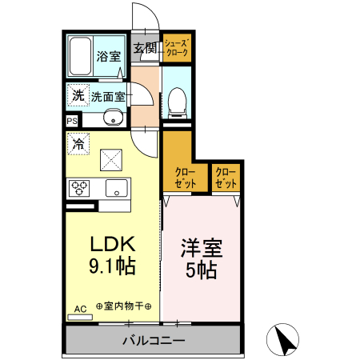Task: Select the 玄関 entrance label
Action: point(145,47)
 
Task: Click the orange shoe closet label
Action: point(176,48)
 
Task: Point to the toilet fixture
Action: point(176,100)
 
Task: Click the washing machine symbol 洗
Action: point(77,96)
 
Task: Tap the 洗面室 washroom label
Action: point(107,97)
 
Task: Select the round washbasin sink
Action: point(111,121)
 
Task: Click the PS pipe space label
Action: point(72,122)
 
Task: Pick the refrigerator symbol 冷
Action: point(78,145)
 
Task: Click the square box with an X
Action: point(110,160)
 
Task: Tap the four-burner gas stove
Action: point(80,189)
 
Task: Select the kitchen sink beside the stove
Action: point(115,190)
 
